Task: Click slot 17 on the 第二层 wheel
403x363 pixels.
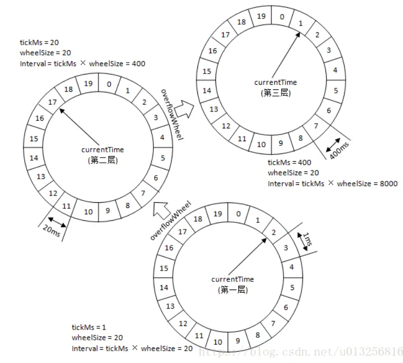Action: click(52, 102)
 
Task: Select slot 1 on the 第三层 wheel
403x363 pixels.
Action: click(300, 24)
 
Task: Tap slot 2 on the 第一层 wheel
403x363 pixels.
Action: click(273, 233)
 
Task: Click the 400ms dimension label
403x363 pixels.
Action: click(339, 150)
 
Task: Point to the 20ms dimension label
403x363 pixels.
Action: click(51, 231)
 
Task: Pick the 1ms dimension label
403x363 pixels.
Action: click(308, 239)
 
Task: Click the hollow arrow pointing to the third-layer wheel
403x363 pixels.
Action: click(184, 109)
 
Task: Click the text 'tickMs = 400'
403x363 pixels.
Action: click(289, 162)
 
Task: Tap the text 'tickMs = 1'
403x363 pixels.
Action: click(89, 327)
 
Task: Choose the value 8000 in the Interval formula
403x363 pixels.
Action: click(389, 184)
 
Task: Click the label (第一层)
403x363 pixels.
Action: click(233, 290)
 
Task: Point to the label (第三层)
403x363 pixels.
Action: click(275, 93)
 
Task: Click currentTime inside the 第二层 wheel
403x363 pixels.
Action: click(103, 149)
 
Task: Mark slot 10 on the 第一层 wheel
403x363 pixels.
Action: click(218, 342)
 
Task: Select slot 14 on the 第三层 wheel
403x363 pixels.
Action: click(207, 90)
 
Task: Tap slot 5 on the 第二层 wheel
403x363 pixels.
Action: click(163, 158)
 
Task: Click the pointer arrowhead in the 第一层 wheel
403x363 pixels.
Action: click(264, 241)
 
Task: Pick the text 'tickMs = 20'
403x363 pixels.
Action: click(39, 42)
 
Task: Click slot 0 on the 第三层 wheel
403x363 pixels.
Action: click(282, 17)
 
